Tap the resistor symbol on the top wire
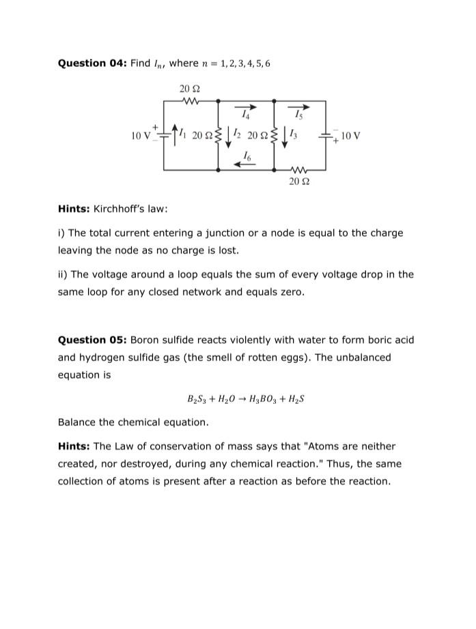click(x=190, y=102)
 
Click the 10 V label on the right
click(x=350, y=136)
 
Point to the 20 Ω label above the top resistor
click(x=189, y=89)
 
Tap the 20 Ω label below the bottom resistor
click(x=298, y=181)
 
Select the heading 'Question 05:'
click(x=92, y=340)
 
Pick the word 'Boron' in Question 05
click(x=145, y=340)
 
